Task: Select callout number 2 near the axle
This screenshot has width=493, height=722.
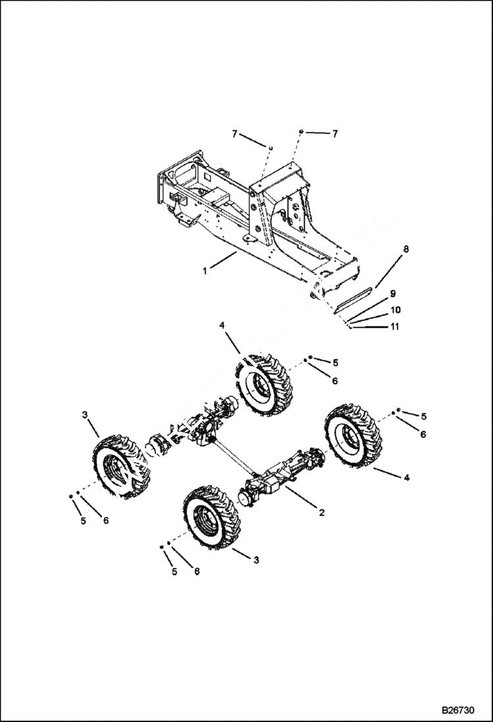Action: [x=321, y=511]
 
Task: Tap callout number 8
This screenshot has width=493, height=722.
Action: [x=405, y=249]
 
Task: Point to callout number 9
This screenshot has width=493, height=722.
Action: [x=392, y=294]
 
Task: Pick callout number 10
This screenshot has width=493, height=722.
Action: [x=395, y=309]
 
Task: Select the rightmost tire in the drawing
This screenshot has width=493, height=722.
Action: [x=353, y=436]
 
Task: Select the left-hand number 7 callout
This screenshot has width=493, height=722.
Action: [x=234, y=134]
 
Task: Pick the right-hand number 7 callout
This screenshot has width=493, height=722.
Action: [x=334, y=134]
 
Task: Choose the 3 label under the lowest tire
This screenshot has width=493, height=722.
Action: [x=256, y=559]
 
